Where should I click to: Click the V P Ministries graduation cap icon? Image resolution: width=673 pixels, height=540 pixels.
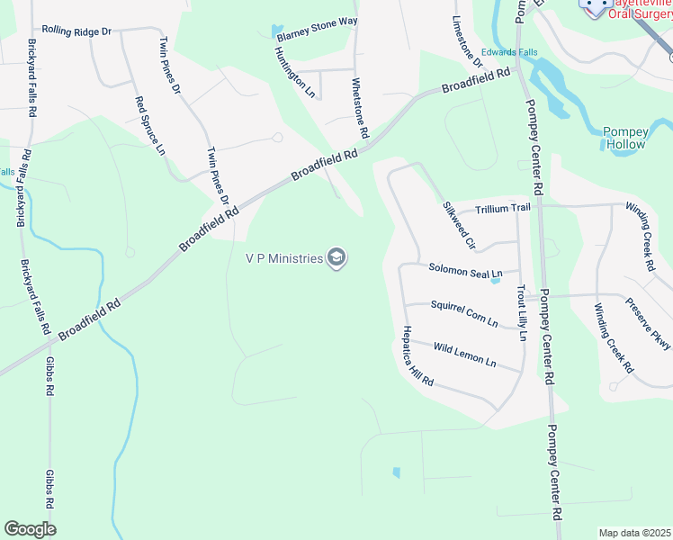pos(337,259)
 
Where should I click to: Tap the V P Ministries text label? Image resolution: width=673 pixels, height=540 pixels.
pos(283,259)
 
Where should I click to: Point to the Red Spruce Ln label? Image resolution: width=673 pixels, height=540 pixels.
pos(150,125)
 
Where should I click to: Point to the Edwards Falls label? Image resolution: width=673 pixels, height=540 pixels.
pos(509,52)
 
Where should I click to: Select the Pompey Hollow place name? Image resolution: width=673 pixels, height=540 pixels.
pos(624,138)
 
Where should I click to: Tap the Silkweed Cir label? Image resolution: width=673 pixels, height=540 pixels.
pos(458,224)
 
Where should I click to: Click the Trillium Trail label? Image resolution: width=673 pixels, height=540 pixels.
pos(503,208)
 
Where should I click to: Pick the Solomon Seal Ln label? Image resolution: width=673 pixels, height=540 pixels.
pos(464,269)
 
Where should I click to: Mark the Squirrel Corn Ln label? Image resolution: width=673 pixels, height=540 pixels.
pos(463,312)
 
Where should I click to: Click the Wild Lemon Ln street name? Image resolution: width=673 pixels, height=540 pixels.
pos(464,354)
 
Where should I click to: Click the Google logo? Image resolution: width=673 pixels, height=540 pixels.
pos(30,529)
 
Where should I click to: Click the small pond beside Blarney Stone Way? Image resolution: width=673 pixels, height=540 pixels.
pos(276,32)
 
